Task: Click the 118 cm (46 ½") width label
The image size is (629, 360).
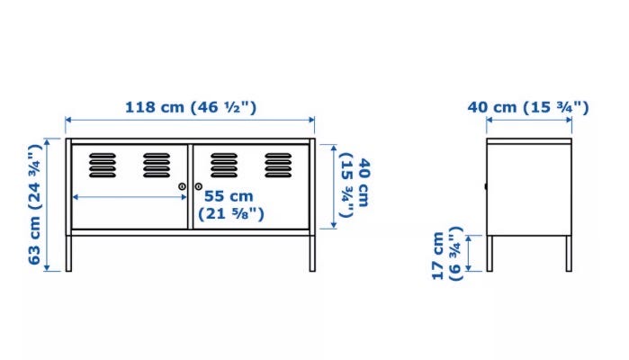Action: pyautogui.click(x=191, y=108)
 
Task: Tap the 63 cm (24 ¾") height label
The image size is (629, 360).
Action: pyautogui.click(x=35, y=204)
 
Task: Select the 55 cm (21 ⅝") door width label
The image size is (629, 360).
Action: pyautogui.click(x=231, y=204)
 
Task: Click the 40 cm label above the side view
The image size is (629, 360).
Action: pyautogui.click(x=528, y=108)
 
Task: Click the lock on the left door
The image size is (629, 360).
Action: pyautogui.click(x=182, y=186)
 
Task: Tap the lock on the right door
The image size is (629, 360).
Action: pyautogui.click(x=199, y=186)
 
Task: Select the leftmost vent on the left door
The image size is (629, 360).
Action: pyautogui.click(x=103, y=165)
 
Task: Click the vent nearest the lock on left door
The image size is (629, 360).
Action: pyautogui.click(x=157, y=165)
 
